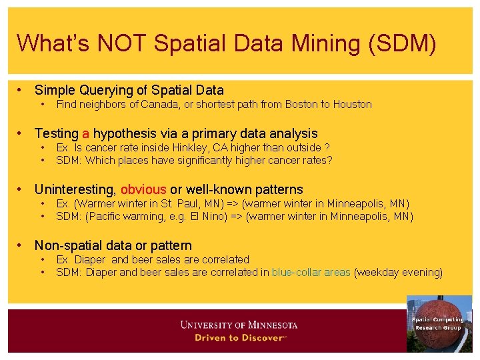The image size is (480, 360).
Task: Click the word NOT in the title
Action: click(x=124, y=43)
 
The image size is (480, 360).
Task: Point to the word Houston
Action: click(x=353, y=104)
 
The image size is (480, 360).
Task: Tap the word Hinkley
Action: click(x=193, y=147)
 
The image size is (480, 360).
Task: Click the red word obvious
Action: click(x=143, y=190)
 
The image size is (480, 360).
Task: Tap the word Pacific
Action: click(x=107, y=216)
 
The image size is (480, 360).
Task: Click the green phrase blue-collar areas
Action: click(x=311, y=272)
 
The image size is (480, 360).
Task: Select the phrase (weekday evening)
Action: click(x=398, y=272)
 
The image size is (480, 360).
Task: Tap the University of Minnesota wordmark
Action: click(x=239, y=325)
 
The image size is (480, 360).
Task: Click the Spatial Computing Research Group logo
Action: click(x=439, y=323)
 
